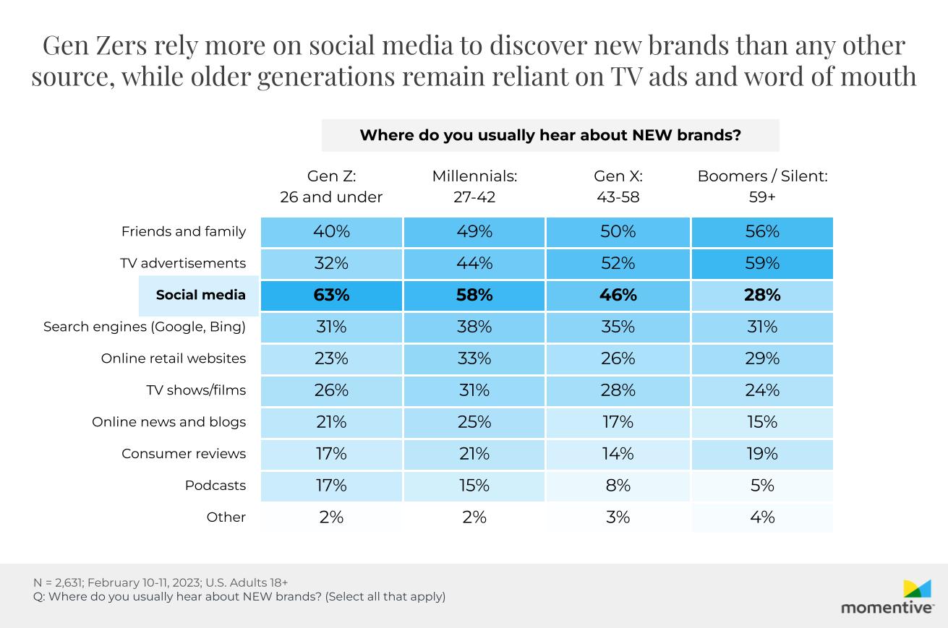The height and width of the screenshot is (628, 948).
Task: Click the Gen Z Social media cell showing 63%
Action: pos(331,295)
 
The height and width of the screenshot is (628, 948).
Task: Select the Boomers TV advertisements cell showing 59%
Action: pos(762,263)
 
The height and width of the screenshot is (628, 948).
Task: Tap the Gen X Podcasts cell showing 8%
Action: pos(618,486)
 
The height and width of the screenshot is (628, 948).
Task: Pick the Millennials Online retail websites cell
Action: pos(474,358)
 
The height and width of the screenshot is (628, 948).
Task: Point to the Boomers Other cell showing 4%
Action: pos(762,517)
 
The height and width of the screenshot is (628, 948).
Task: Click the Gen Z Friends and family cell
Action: pos(331,231)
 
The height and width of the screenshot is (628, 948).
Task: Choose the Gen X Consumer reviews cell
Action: pos(618,454)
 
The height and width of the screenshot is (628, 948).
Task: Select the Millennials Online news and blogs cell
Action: pos(474,422)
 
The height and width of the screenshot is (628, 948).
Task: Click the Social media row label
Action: pos(200,295)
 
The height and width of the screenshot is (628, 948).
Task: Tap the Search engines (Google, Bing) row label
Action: pos(145,327)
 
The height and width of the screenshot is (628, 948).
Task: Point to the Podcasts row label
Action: pos(215,486)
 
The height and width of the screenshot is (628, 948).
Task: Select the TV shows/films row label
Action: pos(196,390)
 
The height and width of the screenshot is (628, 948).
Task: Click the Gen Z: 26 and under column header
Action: pos(331,186)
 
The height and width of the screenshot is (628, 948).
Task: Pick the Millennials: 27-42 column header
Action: pos(474,186)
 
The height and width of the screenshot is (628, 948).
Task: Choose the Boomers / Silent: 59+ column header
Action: pos(762,186)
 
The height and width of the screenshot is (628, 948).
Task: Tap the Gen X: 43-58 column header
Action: pos(618,186)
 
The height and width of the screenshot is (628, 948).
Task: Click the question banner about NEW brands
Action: pos(550,135)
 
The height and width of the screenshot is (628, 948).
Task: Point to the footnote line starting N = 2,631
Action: pos(161,582)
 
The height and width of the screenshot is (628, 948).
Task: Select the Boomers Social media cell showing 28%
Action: pos(762,295)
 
